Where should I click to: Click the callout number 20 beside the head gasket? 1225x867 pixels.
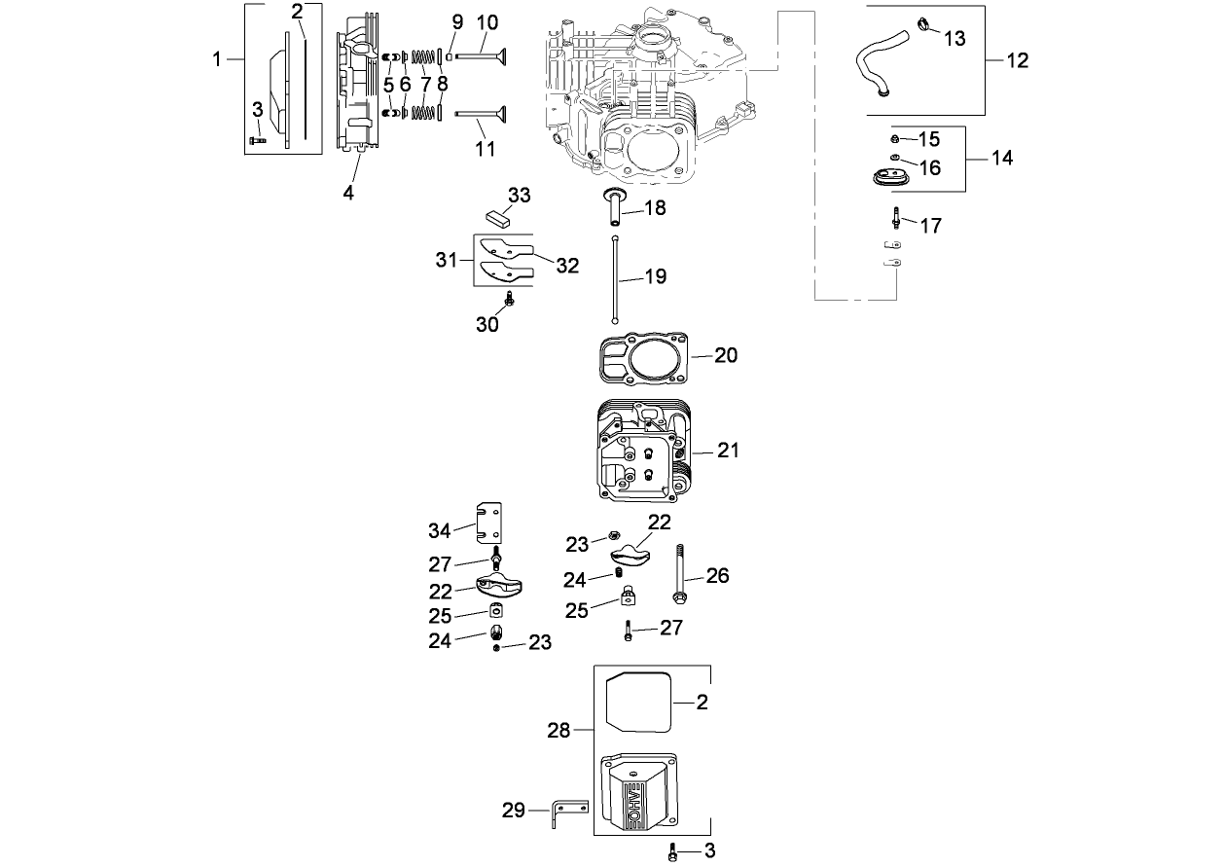pyautogui.click(x=726, y=355)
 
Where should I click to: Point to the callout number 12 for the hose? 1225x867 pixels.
pyautogui.click(x=1017, y=60)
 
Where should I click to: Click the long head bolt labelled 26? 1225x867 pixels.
pyautogui.click(x=679, y=574)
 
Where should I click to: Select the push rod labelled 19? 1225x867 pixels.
pyautogui.click(x=616, y=277)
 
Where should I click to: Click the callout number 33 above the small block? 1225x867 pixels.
pyautogui.click(x=520, y=196)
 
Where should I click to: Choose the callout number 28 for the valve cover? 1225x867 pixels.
pyautogui.click(x=558, y=730)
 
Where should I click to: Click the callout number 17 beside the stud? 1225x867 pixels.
pyautogui.click(x=931, y=226)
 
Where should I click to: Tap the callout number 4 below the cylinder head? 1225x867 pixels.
pyautogui.click(x=348, y=192)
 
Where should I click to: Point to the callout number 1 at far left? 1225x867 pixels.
pyautogui.click(x=217, y=59)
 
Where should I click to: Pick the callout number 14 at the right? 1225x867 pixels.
pyautogui.click(x=1002, y=158)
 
